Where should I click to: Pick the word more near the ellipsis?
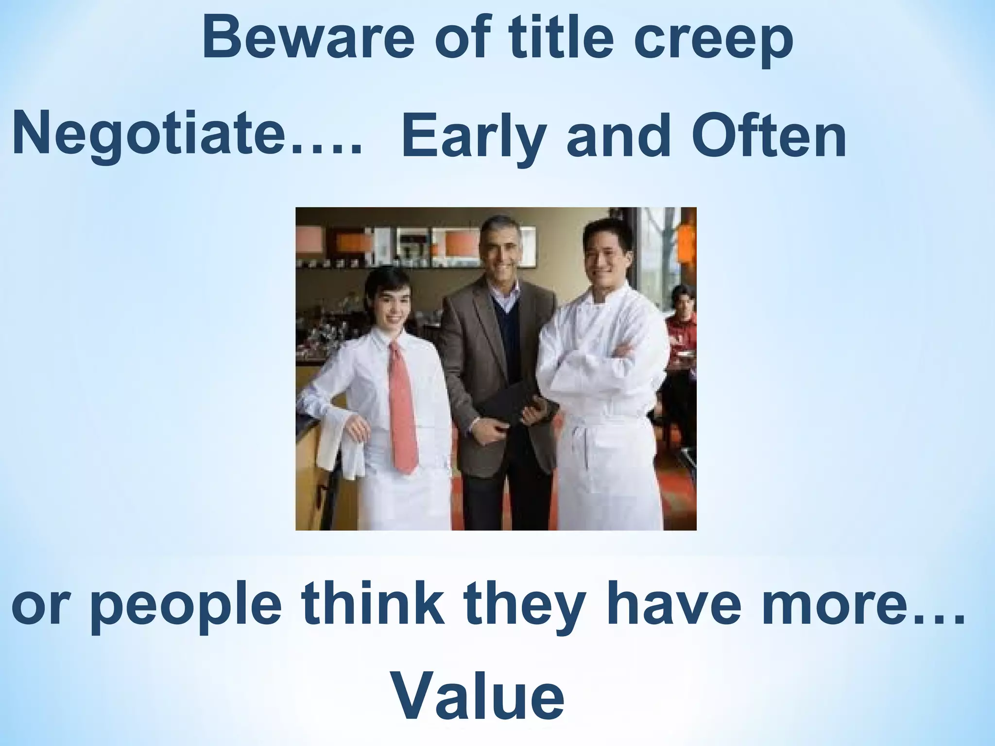[830, 605]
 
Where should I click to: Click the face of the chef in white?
[607, 260]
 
